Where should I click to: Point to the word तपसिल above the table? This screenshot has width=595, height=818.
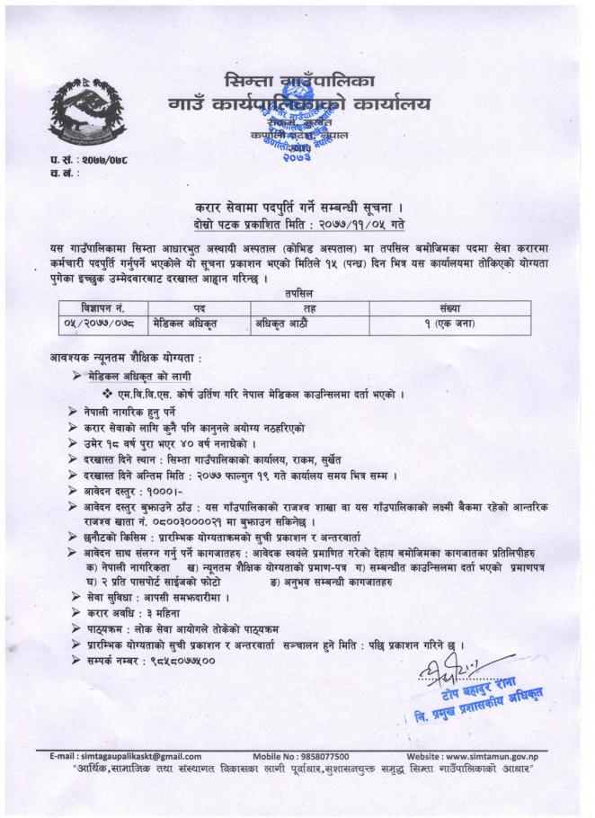(x=297, y=294)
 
